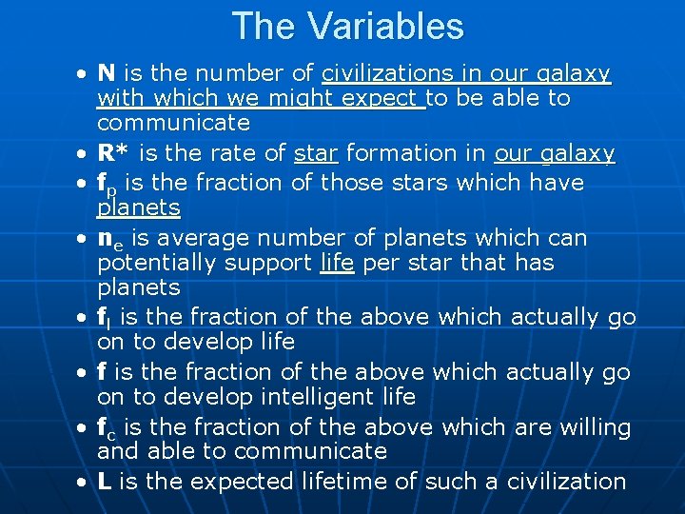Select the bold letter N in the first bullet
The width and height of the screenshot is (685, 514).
[107, 73]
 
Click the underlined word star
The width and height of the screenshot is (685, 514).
[315, 153]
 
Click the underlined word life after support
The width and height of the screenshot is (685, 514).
[337, 263]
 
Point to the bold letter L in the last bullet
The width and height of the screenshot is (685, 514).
[105, 482]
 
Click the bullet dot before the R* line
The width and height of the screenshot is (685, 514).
[85, 154]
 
